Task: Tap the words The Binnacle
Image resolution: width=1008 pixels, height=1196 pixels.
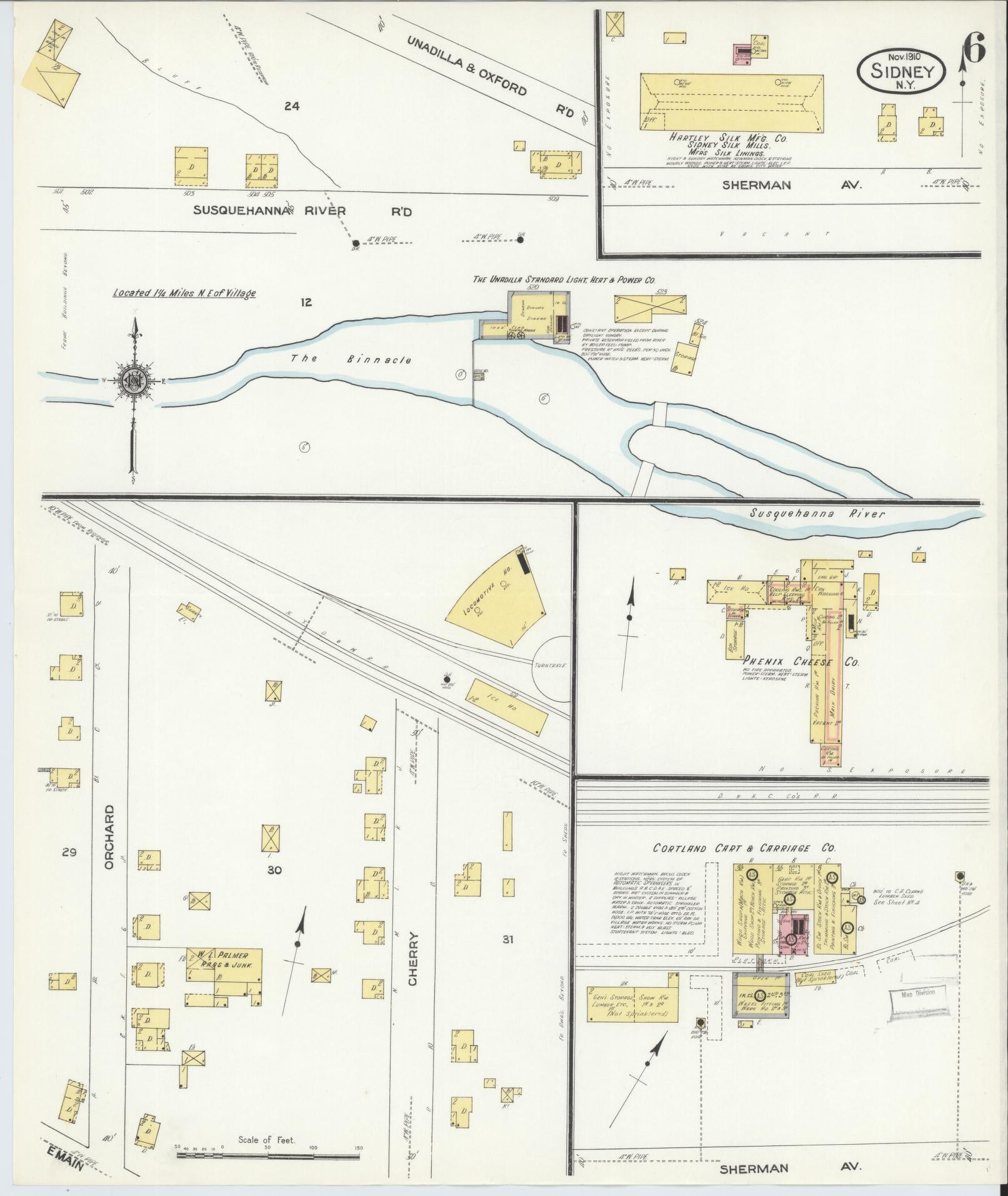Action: [x=351, y=360]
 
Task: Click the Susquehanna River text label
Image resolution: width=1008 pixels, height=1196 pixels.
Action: [x=817, y=515]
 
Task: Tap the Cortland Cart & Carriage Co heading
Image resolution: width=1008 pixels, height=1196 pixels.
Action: [x=744, y=848]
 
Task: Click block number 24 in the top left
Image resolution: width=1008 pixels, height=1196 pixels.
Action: [x=291, y=106]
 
